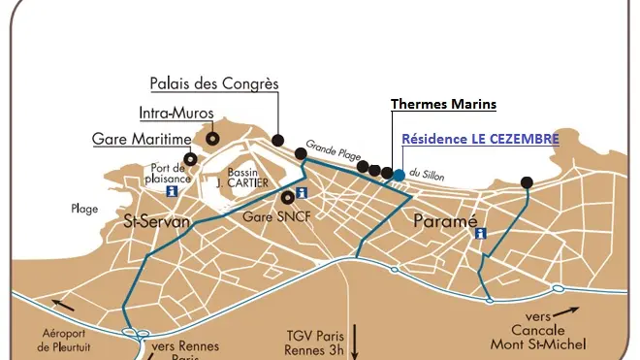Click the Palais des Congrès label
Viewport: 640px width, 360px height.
coord(213,84)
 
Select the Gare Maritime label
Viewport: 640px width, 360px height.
coord(143,140)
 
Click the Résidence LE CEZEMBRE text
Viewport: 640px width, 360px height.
coord(480,140)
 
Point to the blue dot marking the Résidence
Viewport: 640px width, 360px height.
coord(400,175)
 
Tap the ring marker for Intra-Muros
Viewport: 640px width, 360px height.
coord(212,139)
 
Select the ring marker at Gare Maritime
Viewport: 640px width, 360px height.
coord(191,158)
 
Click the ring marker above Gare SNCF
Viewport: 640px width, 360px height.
coord(287,197)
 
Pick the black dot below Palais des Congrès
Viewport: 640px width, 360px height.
coord(278,140)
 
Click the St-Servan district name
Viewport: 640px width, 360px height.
coord(156,222)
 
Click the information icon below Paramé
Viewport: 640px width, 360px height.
coord(479,234)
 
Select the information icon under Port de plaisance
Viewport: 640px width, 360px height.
coord(173,191)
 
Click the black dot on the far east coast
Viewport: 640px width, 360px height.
coord(527,181)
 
